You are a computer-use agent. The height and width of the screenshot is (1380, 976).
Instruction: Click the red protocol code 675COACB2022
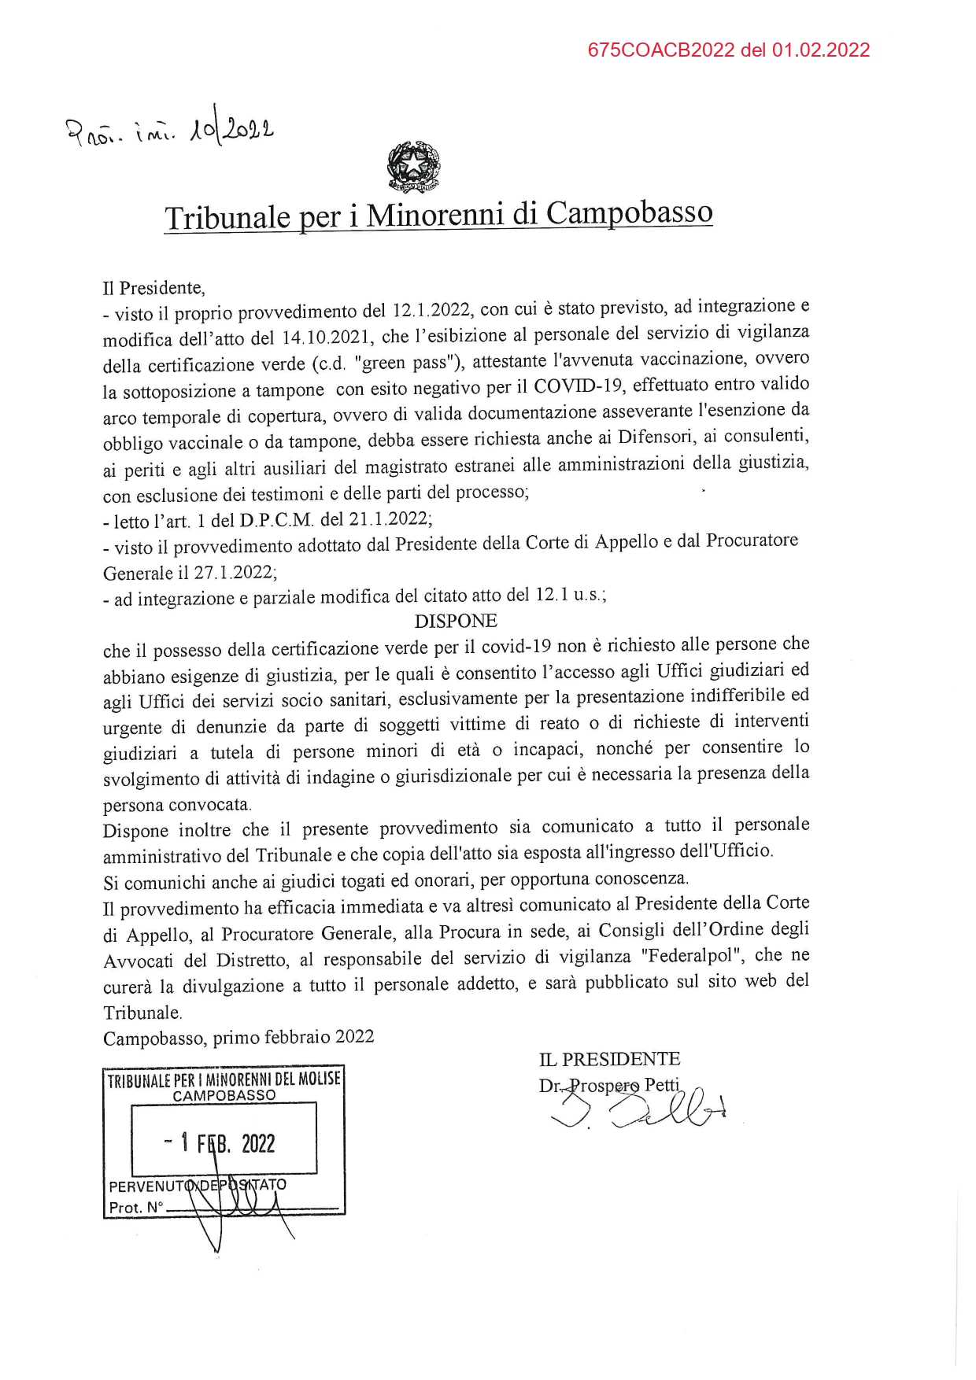coord(660,50)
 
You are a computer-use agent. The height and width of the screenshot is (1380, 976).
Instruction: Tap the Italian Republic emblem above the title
coord(414,166)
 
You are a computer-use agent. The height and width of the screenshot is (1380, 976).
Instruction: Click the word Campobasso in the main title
coord(629,212)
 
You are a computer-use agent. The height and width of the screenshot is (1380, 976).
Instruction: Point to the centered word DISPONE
coord(456,621)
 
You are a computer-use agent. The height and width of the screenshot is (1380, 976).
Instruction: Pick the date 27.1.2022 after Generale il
coord(235,572)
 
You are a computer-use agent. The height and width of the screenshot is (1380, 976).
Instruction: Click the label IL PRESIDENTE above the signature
coord(609,1059)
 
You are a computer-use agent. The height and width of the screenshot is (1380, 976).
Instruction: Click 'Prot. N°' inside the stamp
coord(135,1207)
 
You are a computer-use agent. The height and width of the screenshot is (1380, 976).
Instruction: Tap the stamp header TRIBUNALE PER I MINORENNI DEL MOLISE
coord(224,1079)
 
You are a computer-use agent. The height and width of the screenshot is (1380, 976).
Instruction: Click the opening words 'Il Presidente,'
coord(153,288)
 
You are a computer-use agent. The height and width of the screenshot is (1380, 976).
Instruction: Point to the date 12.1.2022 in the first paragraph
coord(431,310)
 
